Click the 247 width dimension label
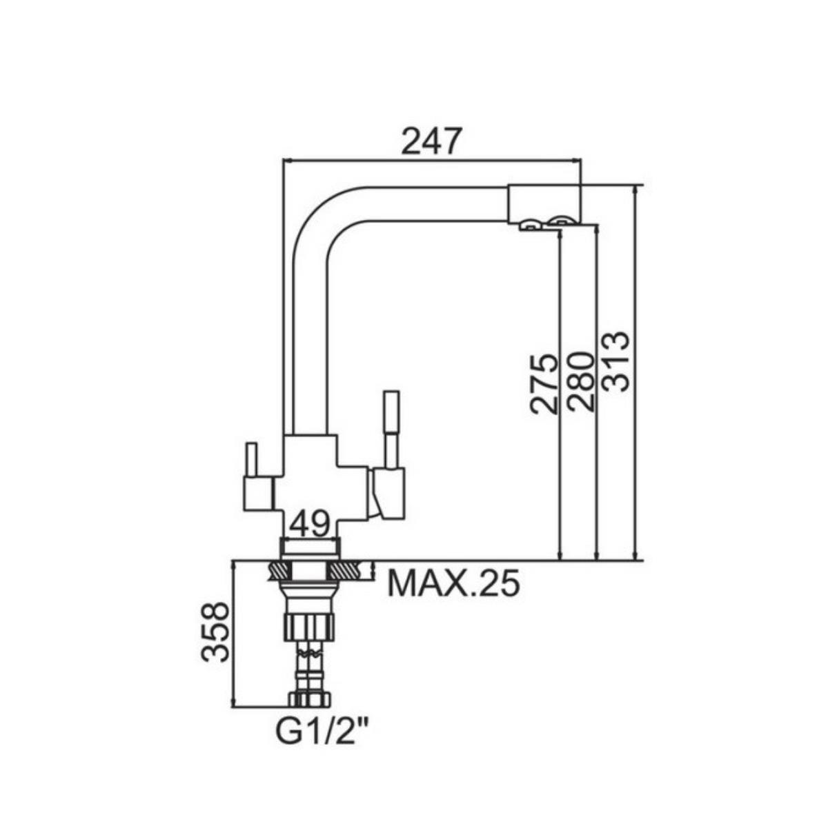pyautogui.click(x=431, y=141)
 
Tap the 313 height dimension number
pyautogui.click(x=615, y=361)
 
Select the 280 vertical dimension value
pyautogui.click(x=580, y=382)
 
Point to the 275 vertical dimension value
pyautogui.click(x=544, y=383)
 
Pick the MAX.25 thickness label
pyautogui.click(x=453, y=583)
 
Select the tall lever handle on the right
pyautogui.click(x=391, y=430)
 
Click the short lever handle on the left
pyautogui.click(x=251, y=459)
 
